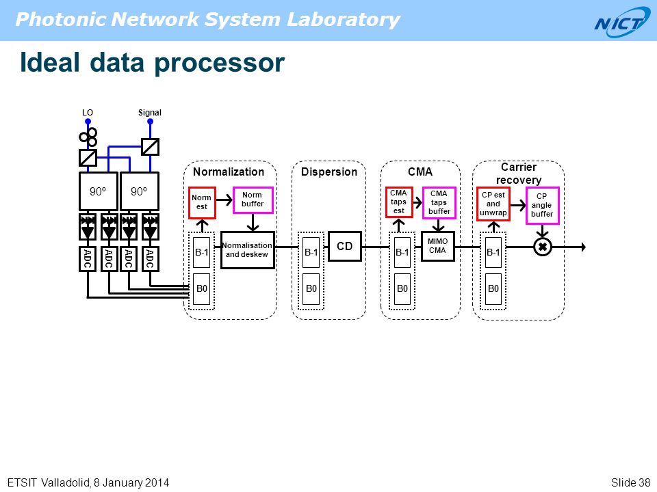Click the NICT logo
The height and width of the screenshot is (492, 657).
622,22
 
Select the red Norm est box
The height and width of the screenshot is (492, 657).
202,203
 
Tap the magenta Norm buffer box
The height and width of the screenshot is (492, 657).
253,200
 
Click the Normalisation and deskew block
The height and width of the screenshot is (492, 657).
248,250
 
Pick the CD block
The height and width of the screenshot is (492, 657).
344,247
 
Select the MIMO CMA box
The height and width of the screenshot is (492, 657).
437,246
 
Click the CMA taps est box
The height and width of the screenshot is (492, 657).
399,202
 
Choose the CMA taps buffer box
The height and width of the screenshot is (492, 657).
439,202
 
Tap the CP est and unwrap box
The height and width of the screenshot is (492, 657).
493,204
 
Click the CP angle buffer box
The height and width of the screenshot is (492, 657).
542,206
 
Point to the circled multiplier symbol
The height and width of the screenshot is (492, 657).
542,247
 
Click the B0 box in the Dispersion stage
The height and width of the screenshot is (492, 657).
311,288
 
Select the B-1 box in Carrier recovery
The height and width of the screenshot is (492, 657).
493,252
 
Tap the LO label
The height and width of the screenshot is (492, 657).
88,113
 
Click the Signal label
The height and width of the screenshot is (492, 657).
150,113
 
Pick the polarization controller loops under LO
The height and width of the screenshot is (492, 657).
88,136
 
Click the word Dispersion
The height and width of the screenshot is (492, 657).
329,172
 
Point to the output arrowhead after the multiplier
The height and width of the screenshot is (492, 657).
583,247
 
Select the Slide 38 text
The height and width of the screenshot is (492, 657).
630,482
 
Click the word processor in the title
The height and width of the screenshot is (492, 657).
219,64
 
